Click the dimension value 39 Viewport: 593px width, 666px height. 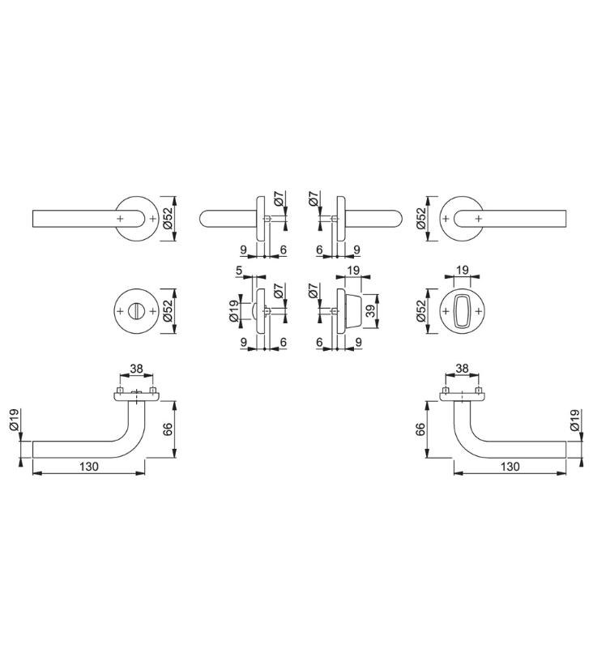pos(371,311)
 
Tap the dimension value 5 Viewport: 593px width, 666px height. pos(239,271)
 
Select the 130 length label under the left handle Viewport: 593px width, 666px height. pos(89,467)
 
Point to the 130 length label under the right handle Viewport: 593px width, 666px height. pos(510,467)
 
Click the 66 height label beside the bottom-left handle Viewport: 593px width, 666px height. pos(168,429)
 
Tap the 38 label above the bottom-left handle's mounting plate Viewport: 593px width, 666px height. pos(136,369)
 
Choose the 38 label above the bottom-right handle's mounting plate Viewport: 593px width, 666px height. pos(462,369)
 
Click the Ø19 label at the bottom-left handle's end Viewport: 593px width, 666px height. pos(14,420)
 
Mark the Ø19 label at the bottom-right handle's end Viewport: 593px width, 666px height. pos(574,420)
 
